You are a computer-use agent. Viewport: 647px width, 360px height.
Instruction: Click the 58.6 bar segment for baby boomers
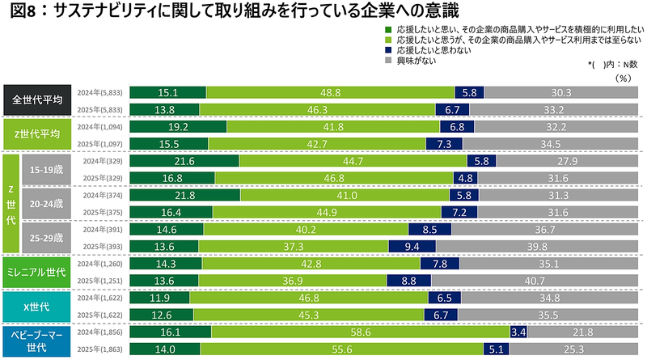[360, 332]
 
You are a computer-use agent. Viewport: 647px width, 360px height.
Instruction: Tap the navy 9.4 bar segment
[411, 246]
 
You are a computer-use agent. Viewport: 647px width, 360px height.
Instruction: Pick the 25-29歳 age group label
[48, 239]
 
